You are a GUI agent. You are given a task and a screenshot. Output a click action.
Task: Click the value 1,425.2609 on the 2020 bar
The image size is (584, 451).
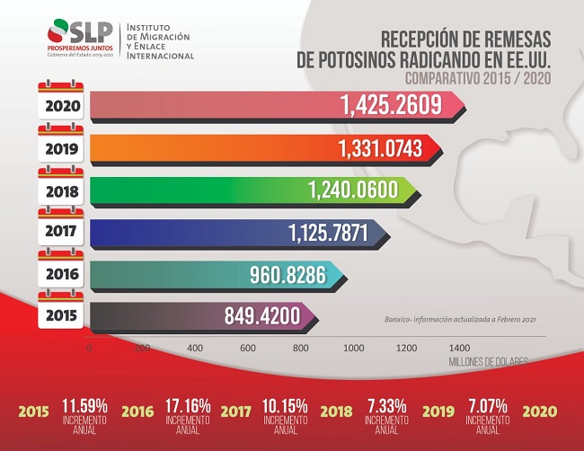(391, 106)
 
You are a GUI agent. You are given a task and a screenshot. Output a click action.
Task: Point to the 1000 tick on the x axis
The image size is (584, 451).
(353, 346)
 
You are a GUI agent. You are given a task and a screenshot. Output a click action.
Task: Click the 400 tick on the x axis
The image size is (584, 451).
(194, 346)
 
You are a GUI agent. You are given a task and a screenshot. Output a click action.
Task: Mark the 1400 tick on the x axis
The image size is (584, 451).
(458, 346)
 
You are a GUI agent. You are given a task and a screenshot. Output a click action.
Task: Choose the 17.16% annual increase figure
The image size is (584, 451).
(187, 405)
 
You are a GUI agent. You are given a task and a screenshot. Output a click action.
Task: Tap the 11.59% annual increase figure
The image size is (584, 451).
(84, 405)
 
